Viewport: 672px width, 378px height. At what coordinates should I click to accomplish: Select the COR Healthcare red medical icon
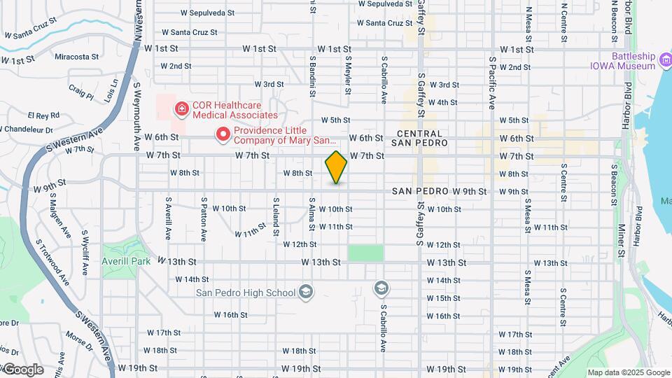pyautogui.click(x=181, y=108)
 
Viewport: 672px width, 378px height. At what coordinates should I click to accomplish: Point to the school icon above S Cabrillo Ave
pyautogui.click(x=381, y=288)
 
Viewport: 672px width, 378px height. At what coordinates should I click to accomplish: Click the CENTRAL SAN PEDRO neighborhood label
pyautogui.click(x=419, y=139)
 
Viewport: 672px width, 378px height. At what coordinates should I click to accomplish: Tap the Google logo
pyautogui.click(x=23, y=370)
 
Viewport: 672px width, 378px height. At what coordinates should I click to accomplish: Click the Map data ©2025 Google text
pyautogui.click(x=628, y=372)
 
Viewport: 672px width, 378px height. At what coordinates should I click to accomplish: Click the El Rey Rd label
pyautogui.click(x=43, y=115)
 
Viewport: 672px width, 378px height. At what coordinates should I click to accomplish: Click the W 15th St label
pyautogui.click(x=443, y=298)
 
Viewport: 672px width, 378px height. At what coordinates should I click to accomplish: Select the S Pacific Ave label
pyautogui.click(x=492, y=83)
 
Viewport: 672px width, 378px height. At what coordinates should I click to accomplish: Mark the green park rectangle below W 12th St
pyautogui.click(x=366, y=253)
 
